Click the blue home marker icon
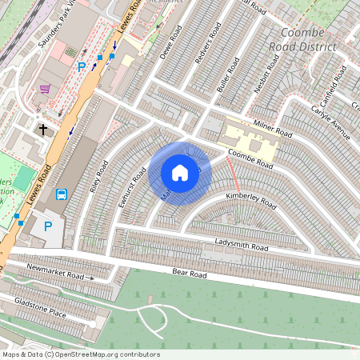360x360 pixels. tap(180, 172)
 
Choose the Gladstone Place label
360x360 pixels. tap(40, 307)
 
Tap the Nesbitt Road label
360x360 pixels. tap(267, 76)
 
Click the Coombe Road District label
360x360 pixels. tap(308, 39)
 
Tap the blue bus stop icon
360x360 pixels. tap(62, 194)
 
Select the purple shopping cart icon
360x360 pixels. tap(46, 89)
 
